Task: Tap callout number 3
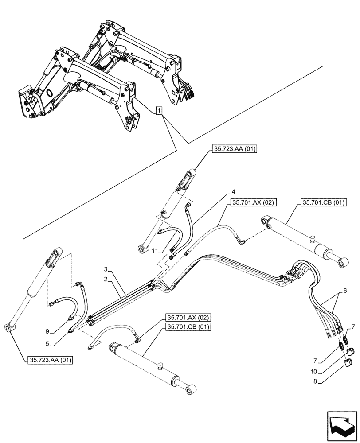106,269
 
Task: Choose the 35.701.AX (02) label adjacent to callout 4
253,203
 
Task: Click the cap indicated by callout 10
350,352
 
